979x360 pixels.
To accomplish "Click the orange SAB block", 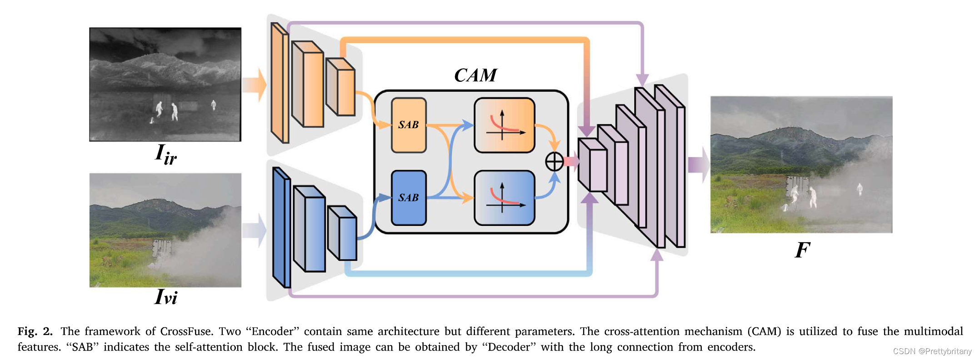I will pyautogui.click(x=409, y=125).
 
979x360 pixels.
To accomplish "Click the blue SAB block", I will pyautogui.click(x=409, y=198).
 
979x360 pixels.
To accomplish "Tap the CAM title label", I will pyautogui.click(x=475, y=75).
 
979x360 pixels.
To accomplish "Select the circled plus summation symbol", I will pyautogui.click(x=554, y=161).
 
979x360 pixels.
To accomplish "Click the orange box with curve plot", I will pyautogui.click(x=504, y=125).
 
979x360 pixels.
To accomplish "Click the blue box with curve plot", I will pyautogui.click(x=504, y=198).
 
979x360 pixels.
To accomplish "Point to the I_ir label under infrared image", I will pyautogui.click(x=165, y=155).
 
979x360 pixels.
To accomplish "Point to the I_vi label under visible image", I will pyautogui.click(x=165, y=297).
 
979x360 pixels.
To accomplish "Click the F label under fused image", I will pyautogui.click(x=802, y=250).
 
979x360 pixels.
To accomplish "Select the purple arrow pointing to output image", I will pyautogui.click(x=698, y=165).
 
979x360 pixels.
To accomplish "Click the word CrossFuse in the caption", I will pyautogui.click(x=186, y=331).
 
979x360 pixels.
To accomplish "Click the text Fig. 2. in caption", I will pyautogui.click(x=35, y=331).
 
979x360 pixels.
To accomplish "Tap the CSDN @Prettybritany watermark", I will pyautogui.click(x=932, y=351).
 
